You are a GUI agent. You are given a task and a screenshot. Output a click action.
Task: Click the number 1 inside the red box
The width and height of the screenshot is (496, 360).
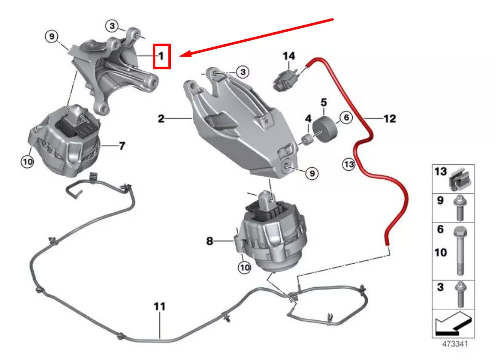click(161, 56)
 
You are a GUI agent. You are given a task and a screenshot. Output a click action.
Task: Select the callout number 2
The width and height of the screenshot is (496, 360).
click(161, 119)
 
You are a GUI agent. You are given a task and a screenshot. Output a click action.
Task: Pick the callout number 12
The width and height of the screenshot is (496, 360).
click(389, 119)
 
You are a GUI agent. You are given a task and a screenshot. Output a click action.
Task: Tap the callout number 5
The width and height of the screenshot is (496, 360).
click(324, 102)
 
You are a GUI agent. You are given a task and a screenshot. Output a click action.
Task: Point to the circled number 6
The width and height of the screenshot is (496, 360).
click(345, 118)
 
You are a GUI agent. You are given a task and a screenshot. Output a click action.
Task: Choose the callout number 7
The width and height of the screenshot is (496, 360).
click(122, 146)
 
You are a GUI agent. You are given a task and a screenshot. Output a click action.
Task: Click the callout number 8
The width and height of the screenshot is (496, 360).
click(210, 241)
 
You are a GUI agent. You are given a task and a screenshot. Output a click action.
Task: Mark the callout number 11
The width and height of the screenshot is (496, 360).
click(159, 306)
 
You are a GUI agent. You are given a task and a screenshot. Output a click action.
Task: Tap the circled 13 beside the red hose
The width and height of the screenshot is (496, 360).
click(349, 163)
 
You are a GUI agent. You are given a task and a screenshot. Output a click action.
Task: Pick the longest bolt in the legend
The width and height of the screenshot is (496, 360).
click(459, 251)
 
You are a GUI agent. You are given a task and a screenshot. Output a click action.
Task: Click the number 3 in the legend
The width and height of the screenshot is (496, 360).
click(440, 288)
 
